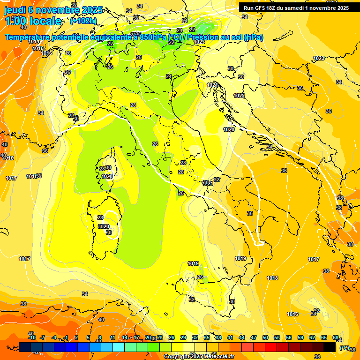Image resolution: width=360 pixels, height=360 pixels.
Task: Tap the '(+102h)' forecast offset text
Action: (83, 21)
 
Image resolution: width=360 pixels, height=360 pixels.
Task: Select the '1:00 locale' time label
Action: (33, 21)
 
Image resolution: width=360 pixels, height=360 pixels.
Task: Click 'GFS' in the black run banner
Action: (263, 8)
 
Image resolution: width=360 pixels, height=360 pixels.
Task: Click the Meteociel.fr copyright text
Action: (199, 357)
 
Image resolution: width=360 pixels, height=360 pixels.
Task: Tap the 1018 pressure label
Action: (272, 278)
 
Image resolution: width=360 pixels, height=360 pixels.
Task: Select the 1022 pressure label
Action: (239, 96)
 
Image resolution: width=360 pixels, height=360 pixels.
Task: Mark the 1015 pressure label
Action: (38, 48)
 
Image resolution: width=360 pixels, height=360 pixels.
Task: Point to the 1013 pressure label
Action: (34, 42)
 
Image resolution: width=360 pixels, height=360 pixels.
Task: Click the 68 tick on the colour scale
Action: (336, 337)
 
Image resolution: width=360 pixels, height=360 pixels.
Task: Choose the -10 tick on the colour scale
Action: (32, 337)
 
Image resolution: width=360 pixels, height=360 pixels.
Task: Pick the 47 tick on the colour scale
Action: (254, 337)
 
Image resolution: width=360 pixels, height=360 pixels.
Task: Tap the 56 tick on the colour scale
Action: (289, 337)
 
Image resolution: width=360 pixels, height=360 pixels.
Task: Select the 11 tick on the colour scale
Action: (112, 337)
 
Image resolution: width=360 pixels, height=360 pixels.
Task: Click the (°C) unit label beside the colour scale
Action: (344, 347)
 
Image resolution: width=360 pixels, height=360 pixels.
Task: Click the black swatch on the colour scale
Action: (330, 347)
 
